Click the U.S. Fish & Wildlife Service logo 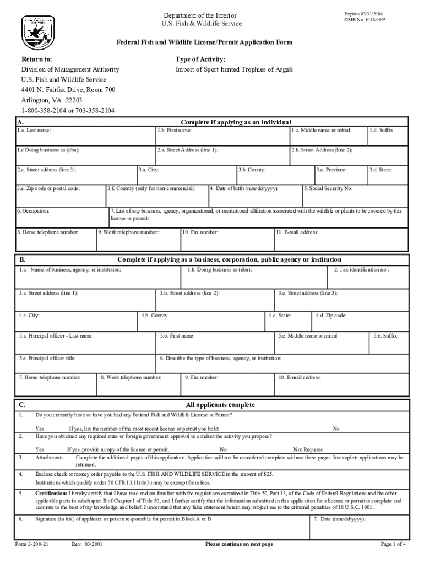point(38,31)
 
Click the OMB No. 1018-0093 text point(365,19)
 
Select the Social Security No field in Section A point(355,195)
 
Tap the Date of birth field point(255,195)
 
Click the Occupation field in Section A point(62,217)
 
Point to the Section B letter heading point(23,259)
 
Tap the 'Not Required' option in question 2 point(308,449)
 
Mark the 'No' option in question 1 point(336,429)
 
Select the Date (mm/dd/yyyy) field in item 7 point(360,527)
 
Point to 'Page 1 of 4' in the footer point(393,544)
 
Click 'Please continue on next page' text point(239,544)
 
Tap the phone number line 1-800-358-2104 point(68,110)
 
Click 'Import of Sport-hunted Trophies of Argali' point(234,69)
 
